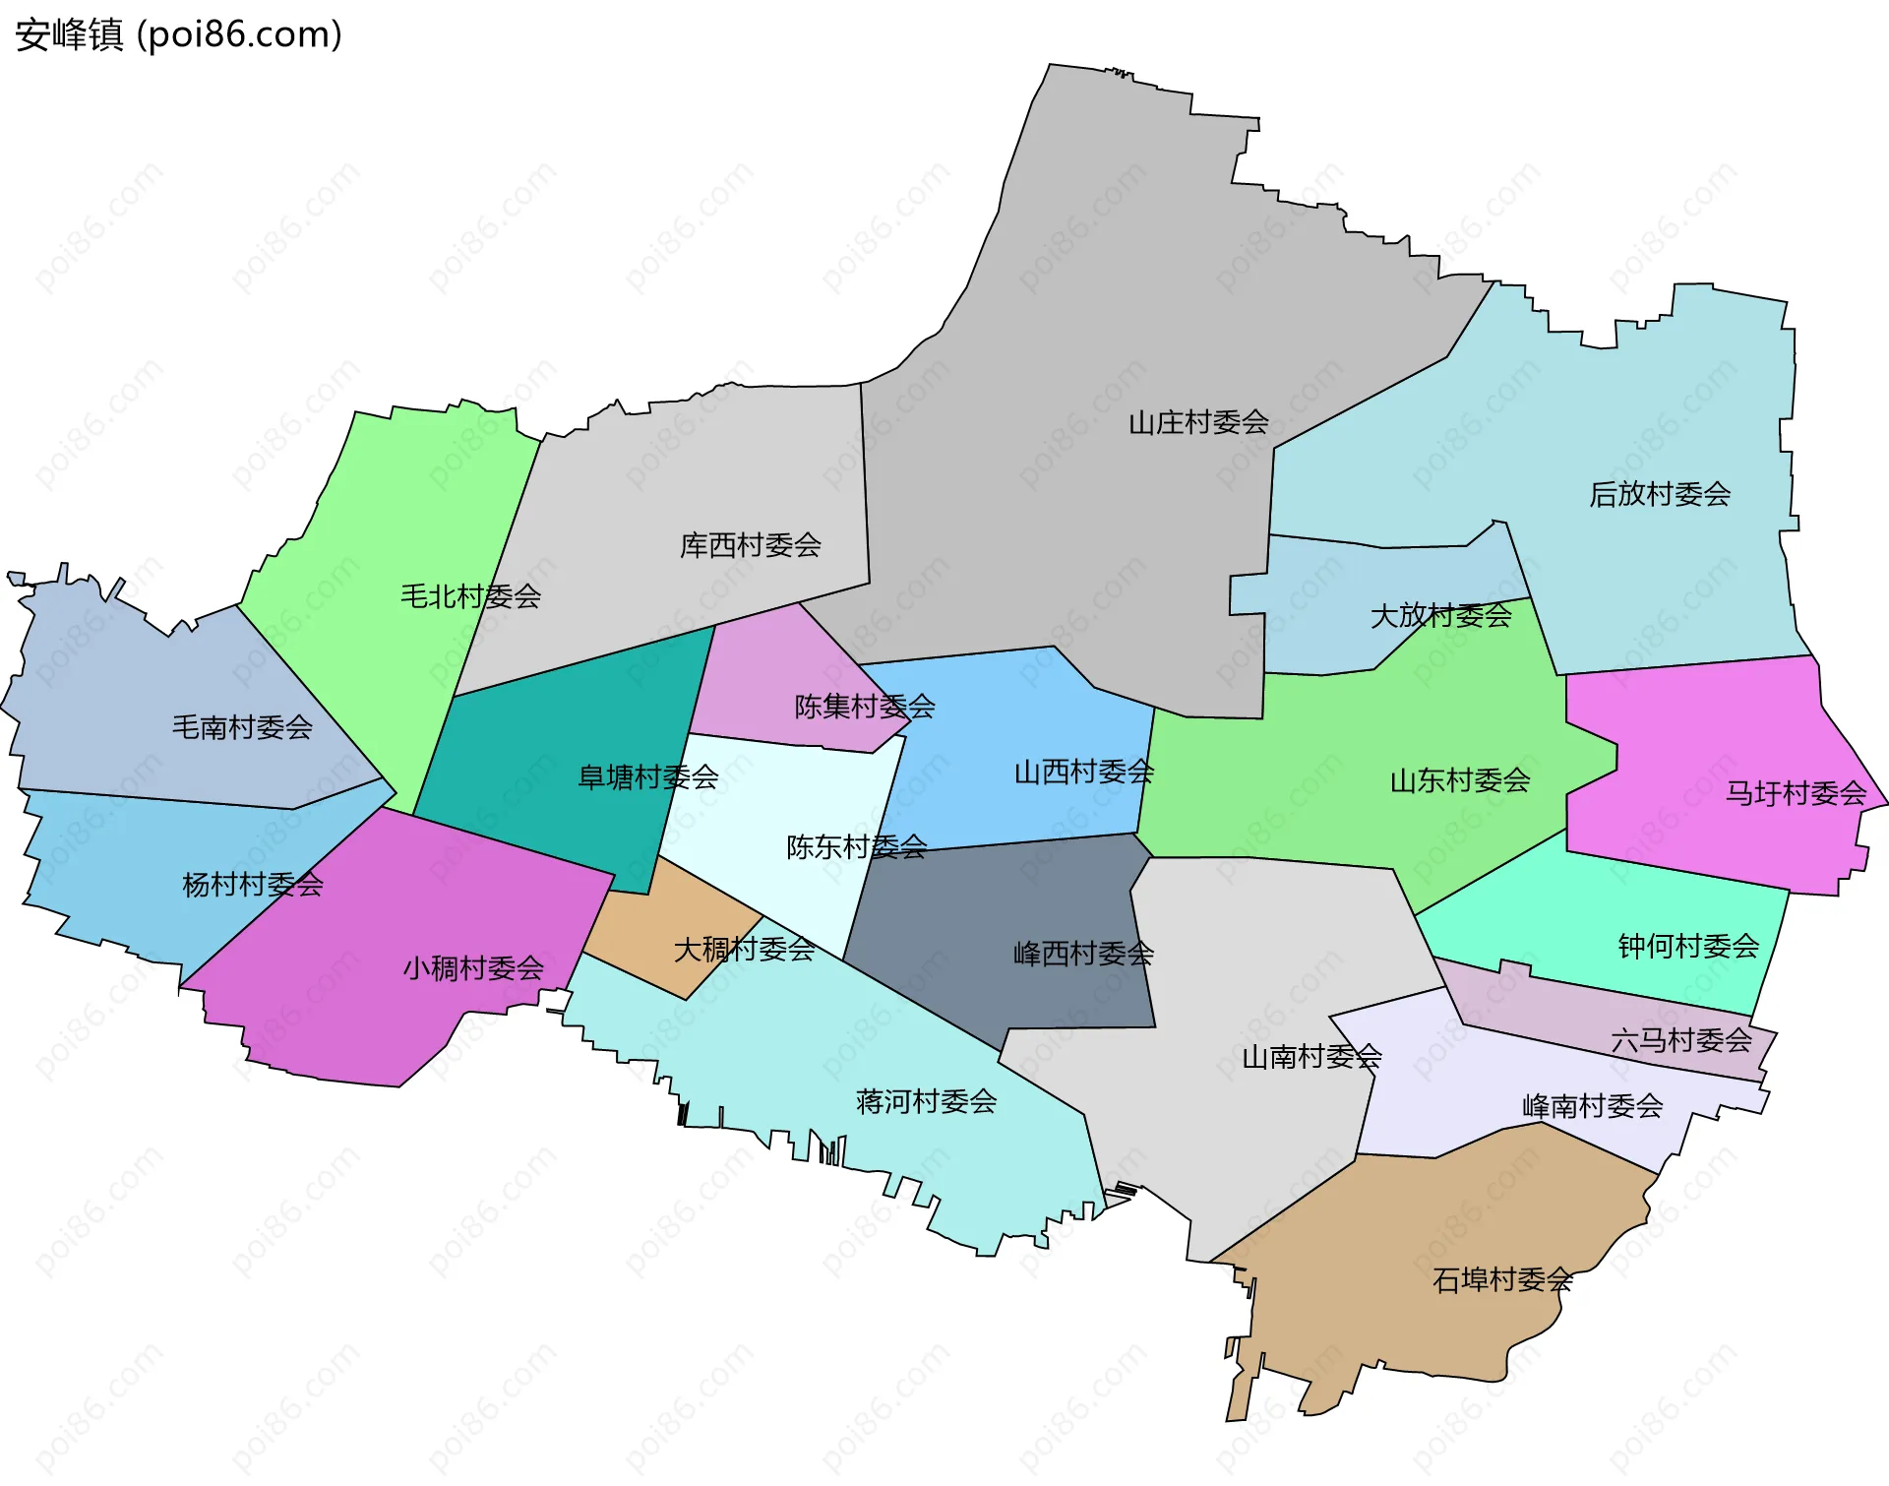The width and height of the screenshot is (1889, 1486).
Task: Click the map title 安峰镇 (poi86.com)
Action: (x=178, y=34)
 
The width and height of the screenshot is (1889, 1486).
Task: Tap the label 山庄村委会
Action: (x=1197, y=423)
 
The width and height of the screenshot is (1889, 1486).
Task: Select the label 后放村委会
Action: (x=1659, y=494)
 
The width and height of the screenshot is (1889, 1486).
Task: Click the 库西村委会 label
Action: (x=750, y=545)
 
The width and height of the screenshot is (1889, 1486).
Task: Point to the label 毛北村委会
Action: (x=470, y=596)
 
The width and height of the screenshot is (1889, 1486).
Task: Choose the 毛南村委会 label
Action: (x=242, y=727)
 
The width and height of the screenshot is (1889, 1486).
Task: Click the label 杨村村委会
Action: (x=252, y=885)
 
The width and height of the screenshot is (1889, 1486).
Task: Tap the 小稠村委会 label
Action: (x=472, y=968)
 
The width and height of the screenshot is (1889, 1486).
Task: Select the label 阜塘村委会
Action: (x=647, y=777)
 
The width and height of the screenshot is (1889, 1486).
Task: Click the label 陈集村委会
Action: (x=864, y=707)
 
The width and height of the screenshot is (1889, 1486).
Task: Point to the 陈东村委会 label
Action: (x=856, y=847)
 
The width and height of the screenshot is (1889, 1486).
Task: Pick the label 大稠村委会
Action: (x=744, y=950)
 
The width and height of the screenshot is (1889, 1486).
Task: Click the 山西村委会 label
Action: (x=1083, y=773)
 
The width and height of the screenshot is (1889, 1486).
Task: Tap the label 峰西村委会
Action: (x=1082, y=954)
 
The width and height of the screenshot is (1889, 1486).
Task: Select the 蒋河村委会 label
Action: (x=926, y=1101)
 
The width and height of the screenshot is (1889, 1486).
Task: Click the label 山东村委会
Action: (x=1459, y=781)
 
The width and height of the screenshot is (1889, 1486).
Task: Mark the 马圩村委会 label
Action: (x=1795, y=793)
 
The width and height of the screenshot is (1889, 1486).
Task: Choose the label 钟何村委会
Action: (x=1688, y=947)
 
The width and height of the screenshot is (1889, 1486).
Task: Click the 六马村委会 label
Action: (x=1680, y=1040)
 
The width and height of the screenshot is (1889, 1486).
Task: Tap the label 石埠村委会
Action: (x=1502, y=1280)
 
